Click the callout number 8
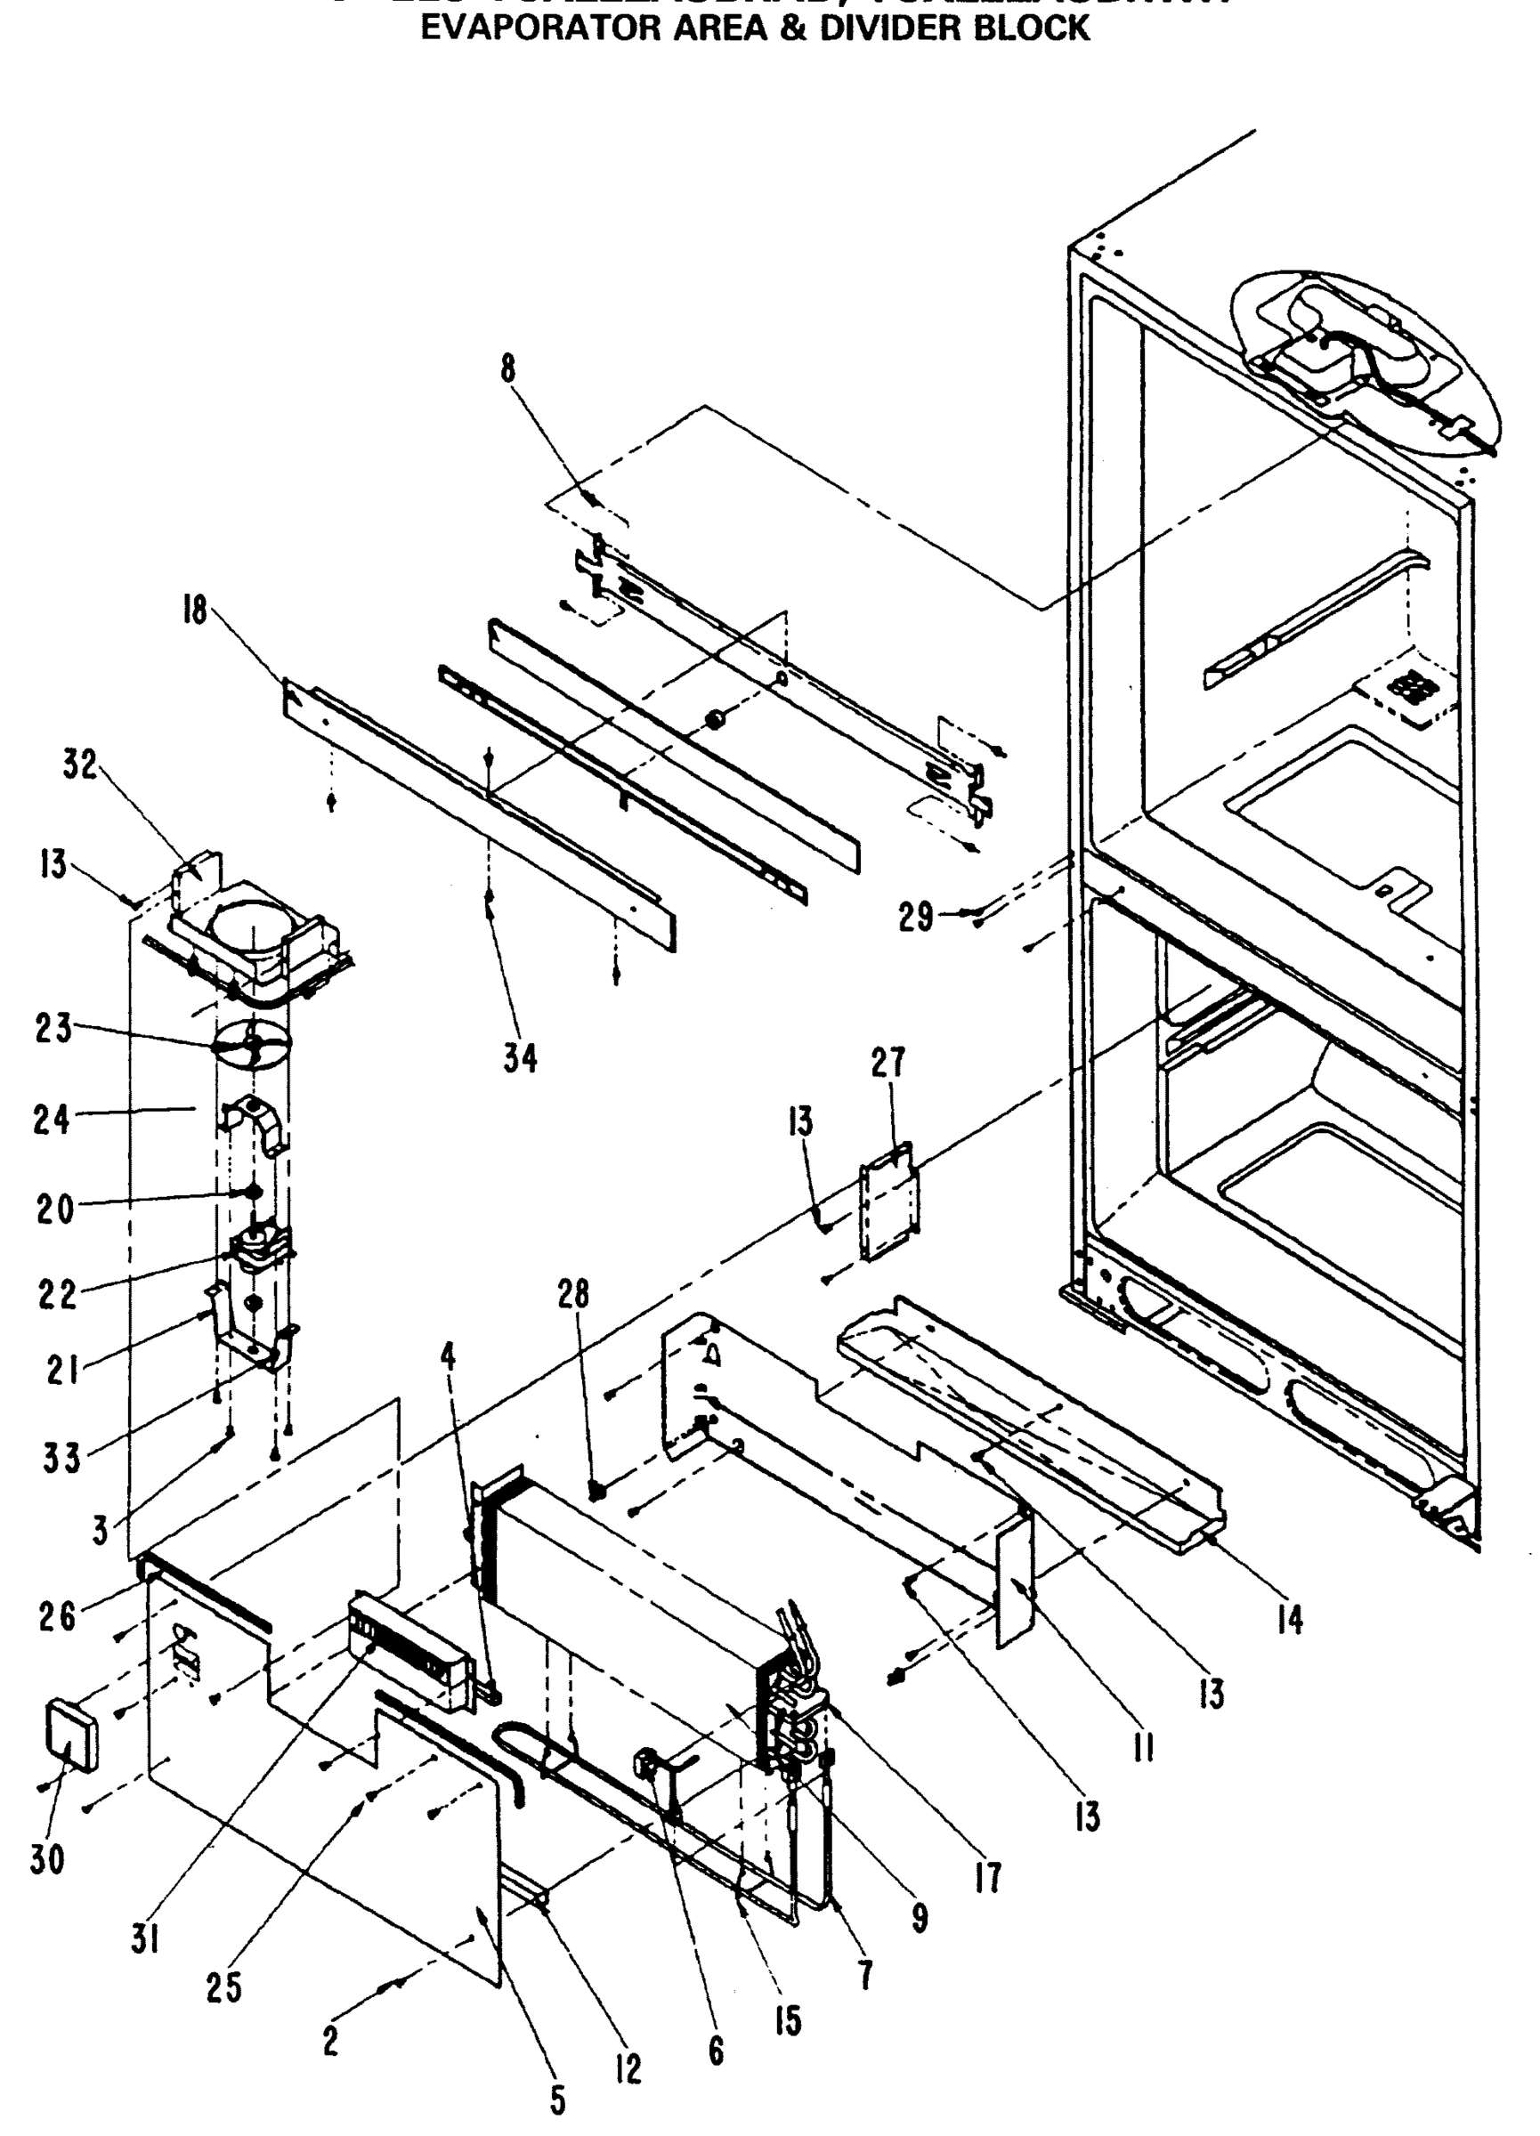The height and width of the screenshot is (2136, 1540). point(508,368)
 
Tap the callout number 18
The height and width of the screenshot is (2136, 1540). point(194,612)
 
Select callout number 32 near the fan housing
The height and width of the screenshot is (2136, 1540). point(80,765)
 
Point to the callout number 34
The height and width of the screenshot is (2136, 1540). point(520,1058)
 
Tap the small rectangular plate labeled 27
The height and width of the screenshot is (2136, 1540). point(889,1199)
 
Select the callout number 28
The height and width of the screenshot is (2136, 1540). point(572,1294)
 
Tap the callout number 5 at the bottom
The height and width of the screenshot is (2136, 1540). point(557,2100)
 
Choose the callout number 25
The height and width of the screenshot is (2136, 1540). point(224,1987)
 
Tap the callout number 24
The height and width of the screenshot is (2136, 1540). point(51,1120)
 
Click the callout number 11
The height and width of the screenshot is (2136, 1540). point(1144,1749)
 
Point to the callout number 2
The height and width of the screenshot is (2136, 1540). point(329,2041)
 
